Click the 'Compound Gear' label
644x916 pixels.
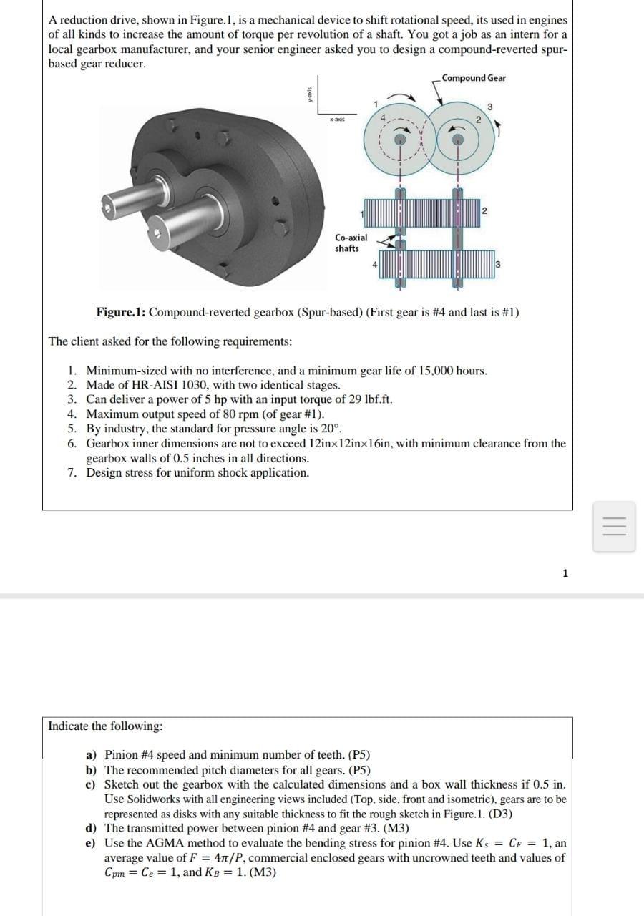coord(473,78)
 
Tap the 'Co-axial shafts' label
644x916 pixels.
coord(351,243)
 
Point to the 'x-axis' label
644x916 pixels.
coord(338,120)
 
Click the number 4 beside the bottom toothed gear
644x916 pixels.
coord(375,265)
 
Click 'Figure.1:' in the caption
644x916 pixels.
coord(121,313)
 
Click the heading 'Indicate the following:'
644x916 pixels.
coord(105,726)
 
